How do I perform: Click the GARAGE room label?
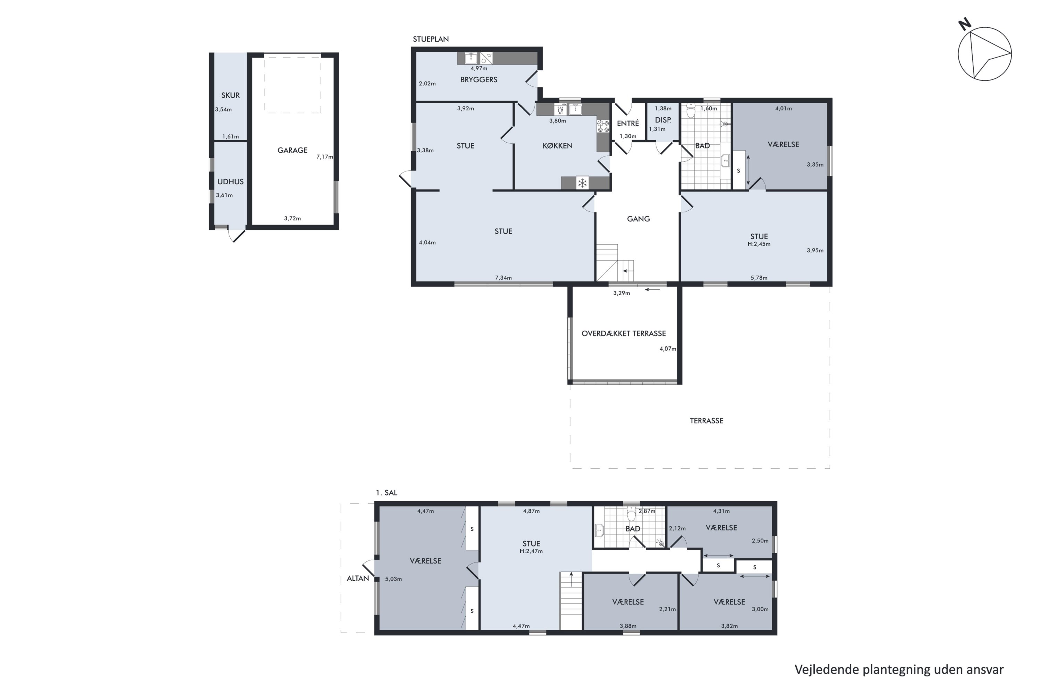point(292,150)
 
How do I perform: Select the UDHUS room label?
point(230,181)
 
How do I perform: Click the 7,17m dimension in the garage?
point(324,157)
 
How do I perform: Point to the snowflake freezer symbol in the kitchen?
point(583,183)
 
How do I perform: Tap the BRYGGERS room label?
point(479,80)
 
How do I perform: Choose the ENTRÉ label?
point(628,124)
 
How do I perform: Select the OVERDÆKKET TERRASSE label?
point(623,333)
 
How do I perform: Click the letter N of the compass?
point(964,24)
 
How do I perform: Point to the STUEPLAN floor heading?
point(431,39)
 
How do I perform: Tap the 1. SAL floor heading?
point(387,493)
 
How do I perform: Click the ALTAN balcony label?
point(358,578)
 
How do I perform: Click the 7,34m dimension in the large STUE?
point(503,278)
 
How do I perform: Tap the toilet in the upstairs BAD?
point(631,514)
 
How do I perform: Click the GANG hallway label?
point(638,219)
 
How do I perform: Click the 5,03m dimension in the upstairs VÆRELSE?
point(393,579)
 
